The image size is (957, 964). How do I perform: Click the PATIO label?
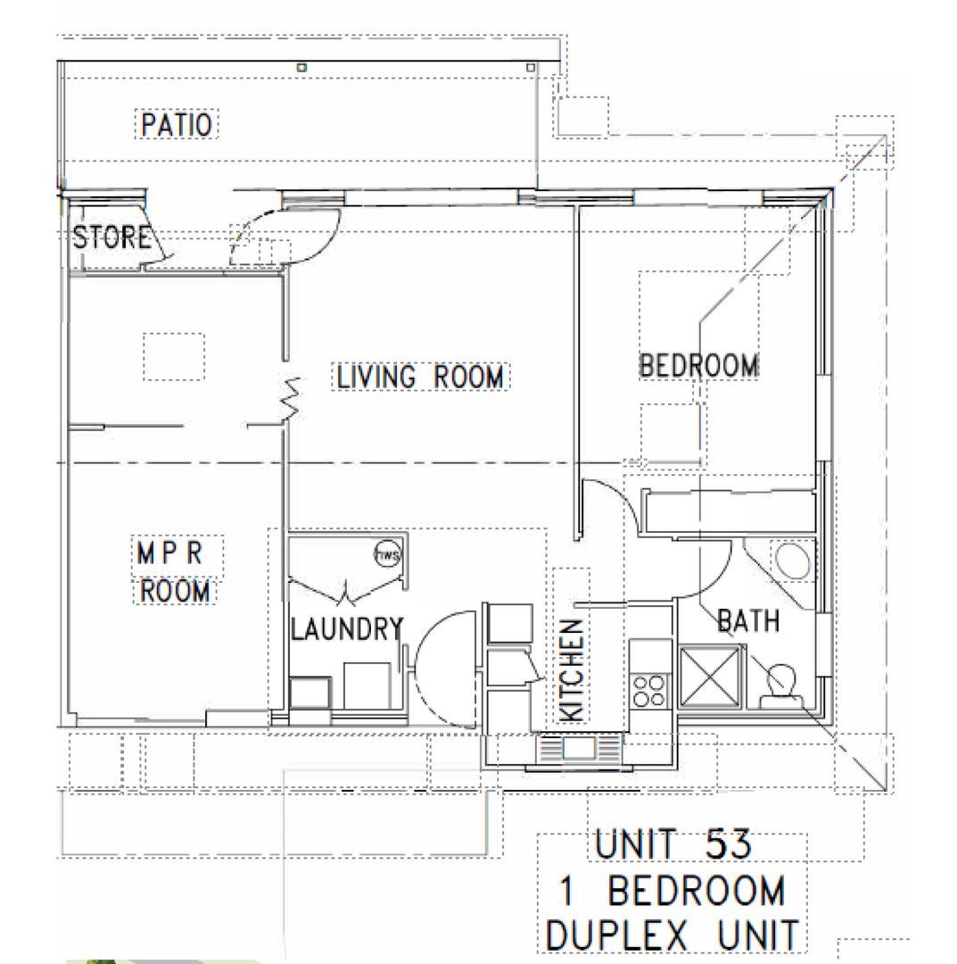coord(177,124)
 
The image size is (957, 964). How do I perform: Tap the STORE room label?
coord(111,238)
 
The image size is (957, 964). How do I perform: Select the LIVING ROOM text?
coord(419,377)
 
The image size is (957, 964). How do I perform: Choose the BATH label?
coord(748,619)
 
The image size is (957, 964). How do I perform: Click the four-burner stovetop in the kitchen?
coord(649,690)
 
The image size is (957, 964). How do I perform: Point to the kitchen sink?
coord(576,747)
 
